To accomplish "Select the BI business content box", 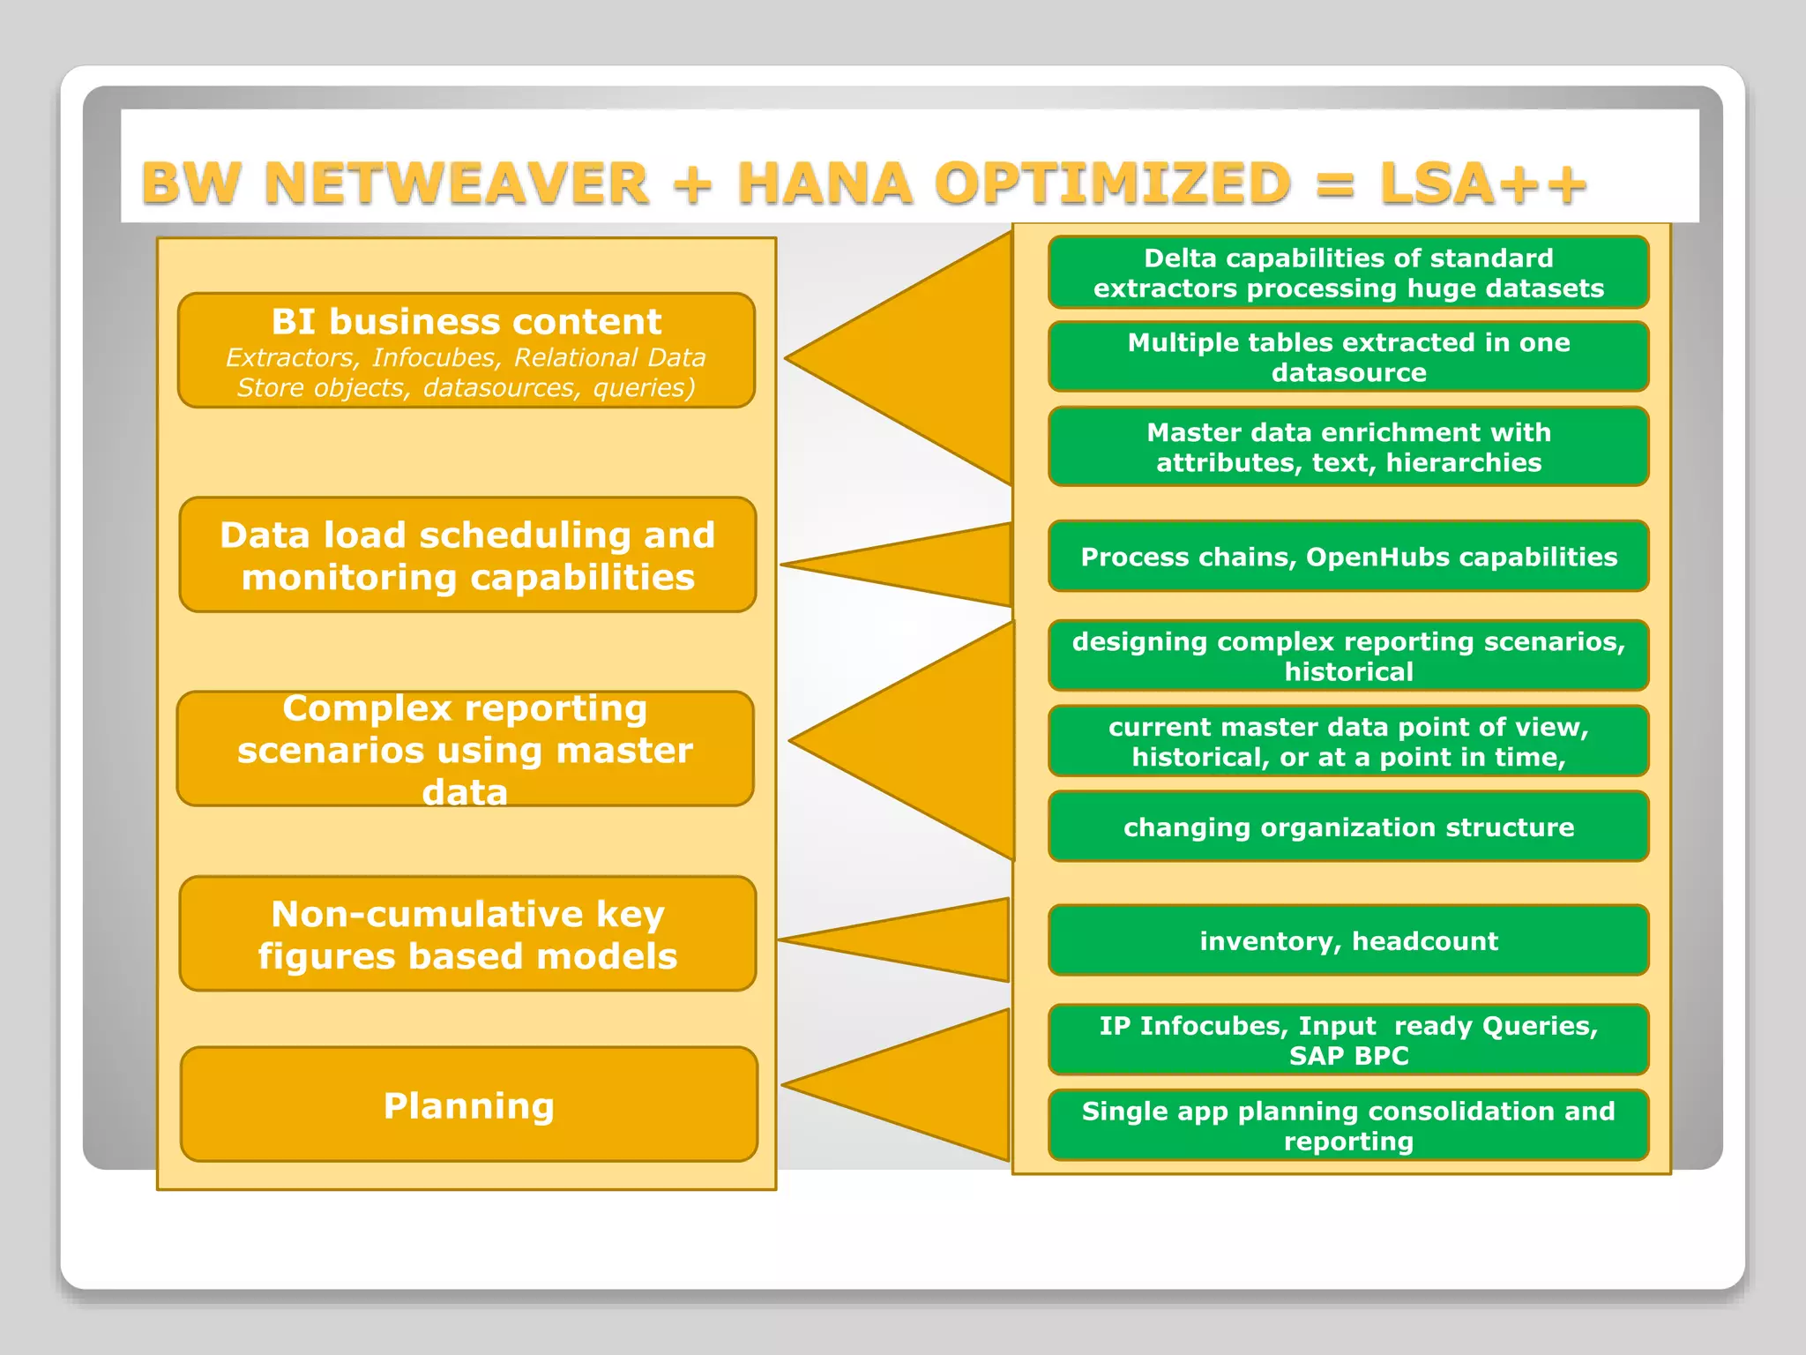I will (x=466, y=350).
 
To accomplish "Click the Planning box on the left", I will (x=468, y=1104).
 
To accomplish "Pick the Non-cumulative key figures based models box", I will (x=467, y=934).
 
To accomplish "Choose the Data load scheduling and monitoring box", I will (x=467, y=555).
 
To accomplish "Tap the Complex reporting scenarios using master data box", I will (x=466, y=749).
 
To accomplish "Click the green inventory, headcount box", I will (x=1348, y=940).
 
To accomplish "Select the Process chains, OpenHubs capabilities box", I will (x=1348, y=557).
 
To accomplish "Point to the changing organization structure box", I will (x=1348, y=827).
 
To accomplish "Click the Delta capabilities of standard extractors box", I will (x=1348, y=273).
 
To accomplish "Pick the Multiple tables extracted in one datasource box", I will (x=1348, y=356).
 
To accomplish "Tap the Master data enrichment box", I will (x=1348, y=446).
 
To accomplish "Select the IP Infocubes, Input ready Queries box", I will (x=1348, y=1039).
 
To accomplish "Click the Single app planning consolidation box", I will (x=1348, y=1125).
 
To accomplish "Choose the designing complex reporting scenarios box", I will (x=1348, y=655).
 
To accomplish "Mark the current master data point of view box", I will (x=1348, y=741).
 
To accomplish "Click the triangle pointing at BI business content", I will (x=935, y=359).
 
